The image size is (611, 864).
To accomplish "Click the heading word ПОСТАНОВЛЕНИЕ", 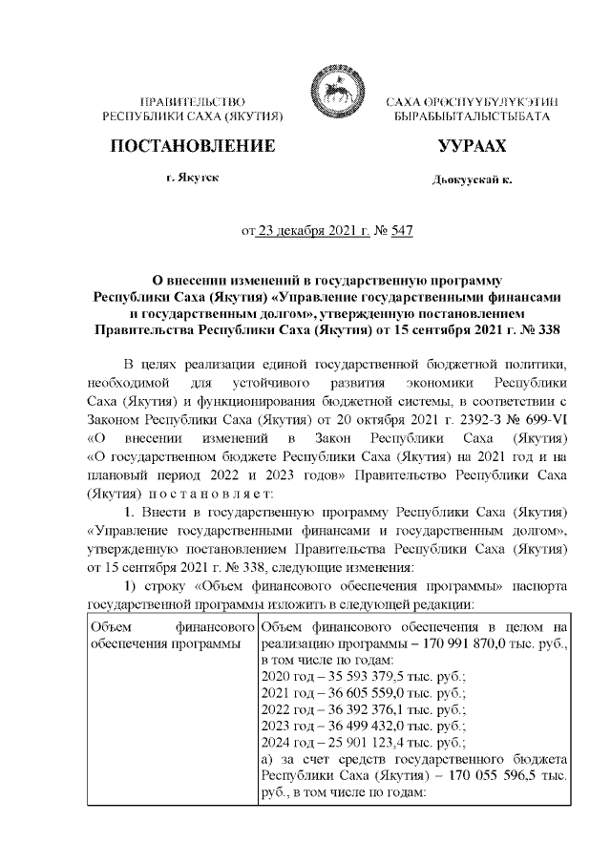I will [194, 146].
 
